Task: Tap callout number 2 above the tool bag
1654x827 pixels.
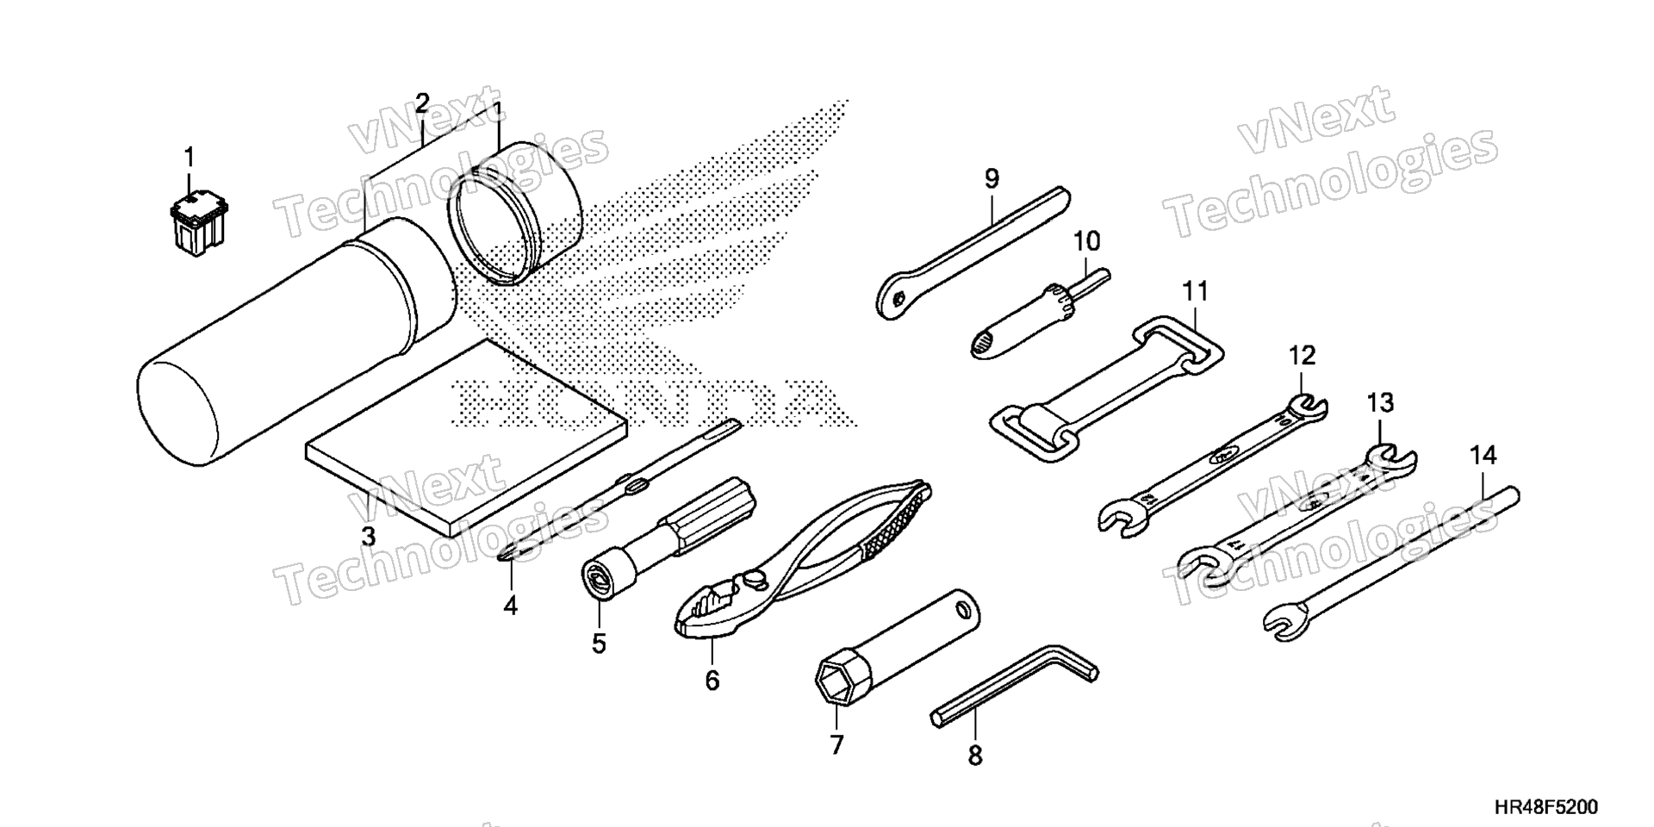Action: tap(421, 104)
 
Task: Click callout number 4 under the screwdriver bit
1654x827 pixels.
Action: tap(511, 606)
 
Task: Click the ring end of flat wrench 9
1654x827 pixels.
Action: tap(897, 298)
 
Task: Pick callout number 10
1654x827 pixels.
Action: tap(1087, 240)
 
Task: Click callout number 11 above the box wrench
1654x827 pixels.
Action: tap(1195, 291)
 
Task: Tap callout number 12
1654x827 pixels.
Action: tap(1303, 355)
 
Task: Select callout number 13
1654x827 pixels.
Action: tap(1380, 401)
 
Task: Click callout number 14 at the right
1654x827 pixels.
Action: tap(1483, 455)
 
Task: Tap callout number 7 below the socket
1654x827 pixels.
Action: tap(836, 744)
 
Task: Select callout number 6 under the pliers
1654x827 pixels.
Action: tap(712, 681)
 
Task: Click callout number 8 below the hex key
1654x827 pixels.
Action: tap(974, 755)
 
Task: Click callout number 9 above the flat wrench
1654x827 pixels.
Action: tap(992, 179)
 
